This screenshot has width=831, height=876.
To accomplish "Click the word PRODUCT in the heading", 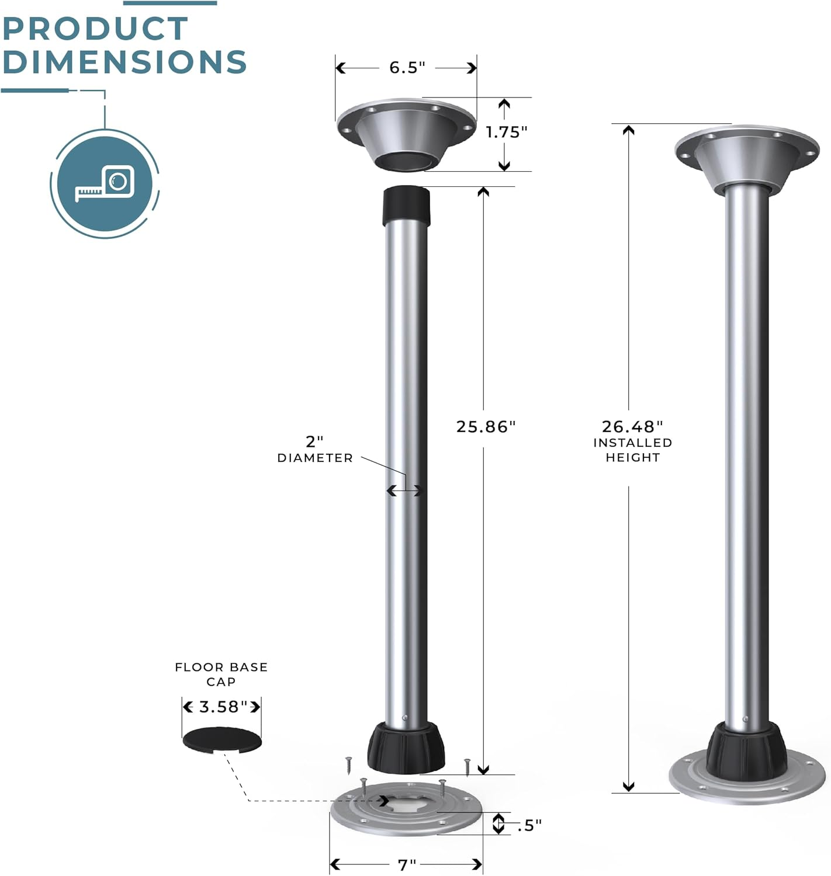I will [95, 29].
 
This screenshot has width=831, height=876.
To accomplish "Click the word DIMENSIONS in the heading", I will [124, 62].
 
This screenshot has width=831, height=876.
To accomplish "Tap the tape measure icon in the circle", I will [105, 183].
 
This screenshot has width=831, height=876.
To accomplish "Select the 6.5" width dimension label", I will [407, 68].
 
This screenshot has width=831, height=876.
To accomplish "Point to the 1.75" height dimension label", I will [506, 133].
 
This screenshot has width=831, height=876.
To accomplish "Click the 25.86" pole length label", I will [486, 427].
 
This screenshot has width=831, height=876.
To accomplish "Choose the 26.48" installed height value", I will [632, 427].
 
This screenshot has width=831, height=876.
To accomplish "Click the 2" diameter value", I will [314, 442].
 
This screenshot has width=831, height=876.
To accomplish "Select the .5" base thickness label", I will [529, 825].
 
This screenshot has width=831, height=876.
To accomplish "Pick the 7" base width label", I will [407, 864].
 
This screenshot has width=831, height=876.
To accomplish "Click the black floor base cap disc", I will [222, 740].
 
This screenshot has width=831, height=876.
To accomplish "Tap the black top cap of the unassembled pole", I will [406, 206].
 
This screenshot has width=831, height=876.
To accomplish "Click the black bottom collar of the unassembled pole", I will [406, 747].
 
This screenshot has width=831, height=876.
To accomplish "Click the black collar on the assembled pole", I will [746, 749].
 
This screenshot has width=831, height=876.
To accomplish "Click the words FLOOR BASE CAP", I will [221, 674].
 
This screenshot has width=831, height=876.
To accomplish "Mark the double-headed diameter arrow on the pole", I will [404, 491].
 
